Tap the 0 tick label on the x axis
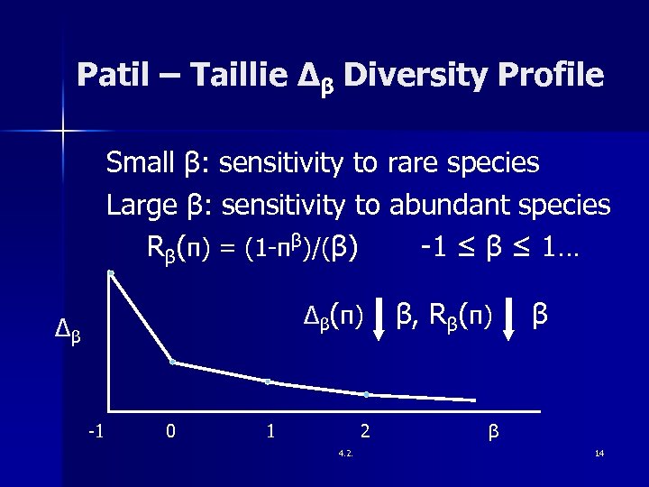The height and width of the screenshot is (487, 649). click(171, 430)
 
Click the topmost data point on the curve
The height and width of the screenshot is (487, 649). click(110, 272)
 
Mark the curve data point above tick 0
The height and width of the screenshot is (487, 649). click(172, 362)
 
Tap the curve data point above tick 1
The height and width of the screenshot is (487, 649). click(268, 381)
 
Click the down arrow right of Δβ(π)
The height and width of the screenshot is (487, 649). click(380, 318)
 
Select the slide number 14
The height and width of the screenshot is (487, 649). click(599, 453)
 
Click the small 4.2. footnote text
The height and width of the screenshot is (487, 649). click(345, 453)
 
